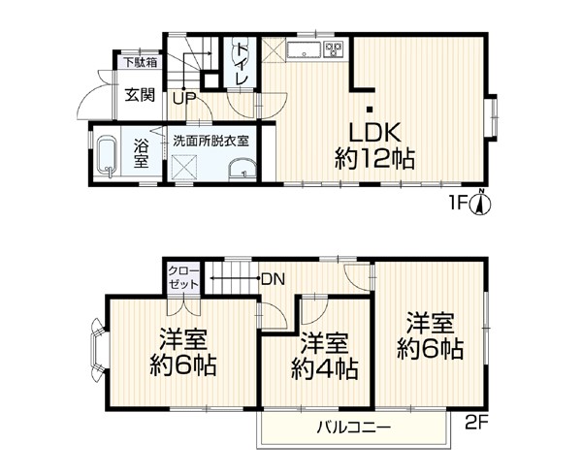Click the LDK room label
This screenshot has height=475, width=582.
pyautogui.click(x=374, y=133)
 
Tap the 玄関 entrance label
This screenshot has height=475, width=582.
pyautogui.click(x=140, y=96)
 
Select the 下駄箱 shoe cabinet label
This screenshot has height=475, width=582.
pyautogui.click(x=141, y=62)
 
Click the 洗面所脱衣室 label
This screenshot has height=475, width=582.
pyautogui.click(x=211, y=141)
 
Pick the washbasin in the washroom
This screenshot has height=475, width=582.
pyautogui.click(x=242, y=171)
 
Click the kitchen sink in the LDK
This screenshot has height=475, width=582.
pyautogui.click(x=304, y=50)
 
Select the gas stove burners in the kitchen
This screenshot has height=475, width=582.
pyautogui.click(x=334, y=49)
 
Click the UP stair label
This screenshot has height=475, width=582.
pyautogui.click(x=184, y=99)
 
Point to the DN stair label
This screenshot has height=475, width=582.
pyautogui.click(x=274, y=279)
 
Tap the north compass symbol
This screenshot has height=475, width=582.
pyautogui.click(x=481, y=203)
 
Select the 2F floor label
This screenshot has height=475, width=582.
pyautogui.click(x=476, y=423)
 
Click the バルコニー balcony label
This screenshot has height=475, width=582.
pyautogui.click(x=354, y=428)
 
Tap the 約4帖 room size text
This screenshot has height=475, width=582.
pyautogui.click(x=324, y=369)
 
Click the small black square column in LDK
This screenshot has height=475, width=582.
pyautogui.click(x=370, y=110)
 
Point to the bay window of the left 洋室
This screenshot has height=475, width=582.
pyautogui.click(x=98, y=350)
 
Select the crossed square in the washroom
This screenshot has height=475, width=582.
pyautogui.click(x=185, y=167)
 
